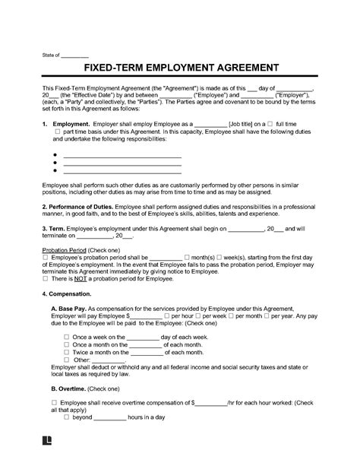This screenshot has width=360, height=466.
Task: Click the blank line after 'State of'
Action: click(x=74, y=55)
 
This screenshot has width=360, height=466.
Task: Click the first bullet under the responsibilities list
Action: click(x=55, y=156)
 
